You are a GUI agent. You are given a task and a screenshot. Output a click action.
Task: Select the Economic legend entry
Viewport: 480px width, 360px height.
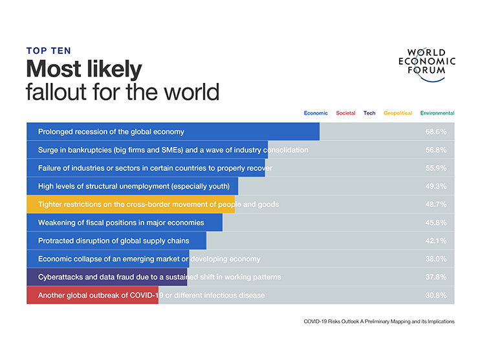[316, 113]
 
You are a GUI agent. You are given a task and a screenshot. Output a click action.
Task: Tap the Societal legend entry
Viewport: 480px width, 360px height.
[345, 113]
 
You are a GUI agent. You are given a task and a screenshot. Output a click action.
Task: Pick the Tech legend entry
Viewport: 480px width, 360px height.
[369, 113]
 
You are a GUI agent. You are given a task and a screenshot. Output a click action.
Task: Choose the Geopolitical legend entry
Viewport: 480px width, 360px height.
[398, 113]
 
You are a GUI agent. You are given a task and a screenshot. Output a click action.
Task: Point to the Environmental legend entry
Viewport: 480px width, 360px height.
[437, 113]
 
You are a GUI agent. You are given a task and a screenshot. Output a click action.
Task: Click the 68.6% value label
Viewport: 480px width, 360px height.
[435, 131]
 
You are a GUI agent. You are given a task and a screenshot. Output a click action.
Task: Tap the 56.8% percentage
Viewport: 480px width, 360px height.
[435, 150]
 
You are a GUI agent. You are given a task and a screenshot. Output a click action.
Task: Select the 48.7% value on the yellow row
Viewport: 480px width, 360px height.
[435, 204]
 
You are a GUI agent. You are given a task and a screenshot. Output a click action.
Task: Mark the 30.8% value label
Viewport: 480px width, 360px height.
[435, 295]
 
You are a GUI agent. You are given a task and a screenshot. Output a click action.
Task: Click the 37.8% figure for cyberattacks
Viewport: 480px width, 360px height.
[435, 277]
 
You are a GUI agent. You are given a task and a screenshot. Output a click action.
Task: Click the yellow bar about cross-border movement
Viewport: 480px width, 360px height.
[129, 204]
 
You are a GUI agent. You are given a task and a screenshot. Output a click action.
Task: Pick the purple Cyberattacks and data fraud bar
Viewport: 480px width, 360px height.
[107, 277]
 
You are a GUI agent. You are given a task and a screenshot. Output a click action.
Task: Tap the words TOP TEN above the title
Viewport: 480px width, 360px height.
[48, 50]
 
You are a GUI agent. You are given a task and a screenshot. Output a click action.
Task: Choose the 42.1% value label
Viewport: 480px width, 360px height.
[435, 241]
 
